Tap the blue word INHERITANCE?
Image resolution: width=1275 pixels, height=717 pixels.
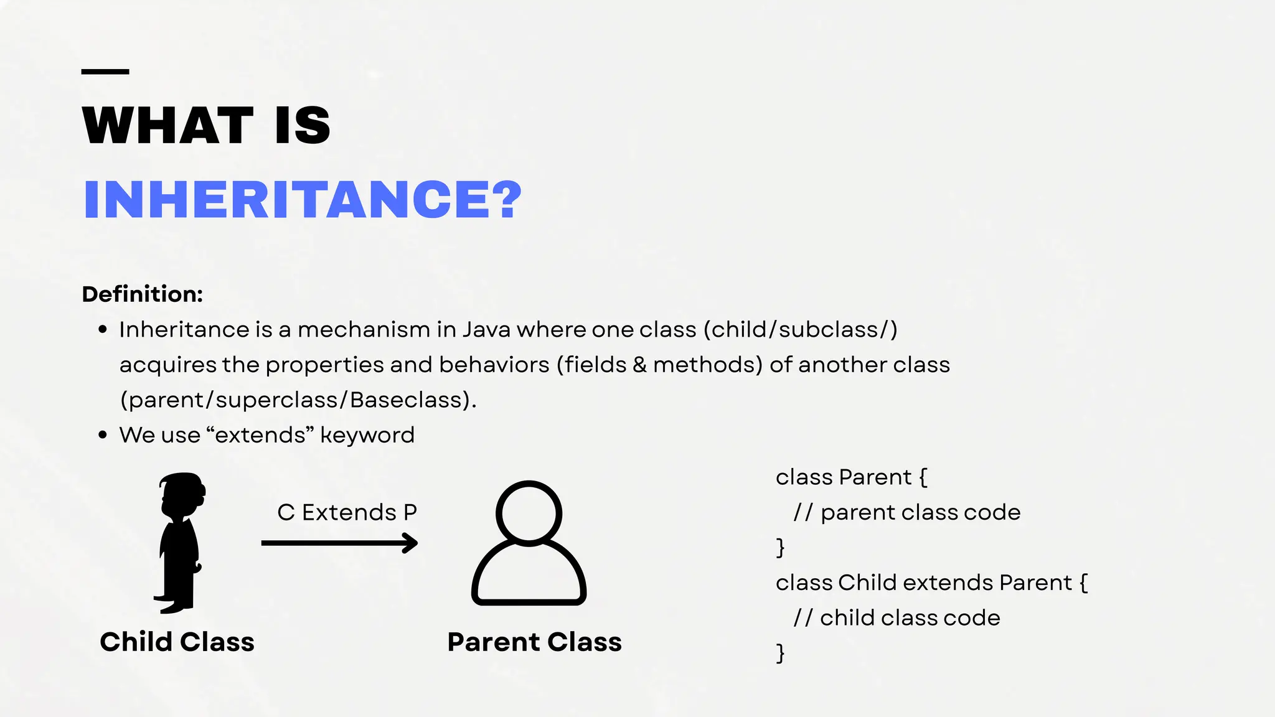point(303,200)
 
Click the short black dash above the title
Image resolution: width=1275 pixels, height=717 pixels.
point(105,72)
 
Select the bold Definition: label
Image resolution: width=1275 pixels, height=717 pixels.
point(143,294)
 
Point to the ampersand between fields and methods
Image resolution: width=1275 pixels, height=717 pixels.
point(639,365)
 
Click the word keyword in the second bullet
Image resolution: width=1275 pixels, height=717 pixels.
point(367,435)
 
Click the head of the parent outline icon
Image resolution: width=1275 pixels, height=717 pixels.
point(529,513)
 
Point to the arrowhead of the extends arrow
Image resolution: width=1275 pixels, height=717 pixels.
point(410,543)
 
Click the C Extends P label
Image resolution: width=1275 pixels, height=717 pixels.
point(347,512)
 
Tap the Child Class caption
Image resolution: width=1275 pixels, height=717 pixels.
point(177,642)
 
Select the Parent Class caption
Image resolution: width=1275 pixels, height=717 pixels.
point(534,642)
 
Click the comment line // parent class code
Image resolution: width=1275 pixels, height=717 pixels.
point(907,512)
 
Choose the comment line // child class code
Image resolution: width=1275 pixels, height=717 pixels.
point(897,617)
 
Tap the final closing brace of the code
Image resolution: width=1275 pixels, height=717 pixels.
point(781,653)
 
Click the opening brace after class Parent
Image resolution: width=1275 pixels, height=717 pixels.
point(923,477)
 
